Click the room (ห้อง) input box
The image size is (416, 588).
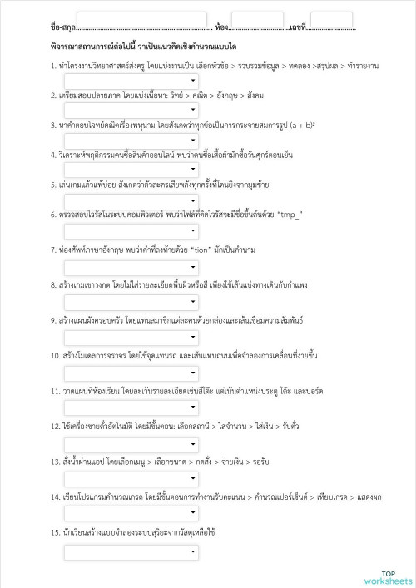point(257,20)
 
